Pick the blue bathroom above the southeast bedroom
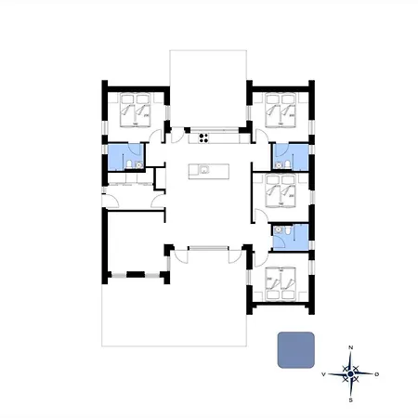(x=290, y=236)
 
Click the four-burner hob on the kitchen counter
(x=202, y=139)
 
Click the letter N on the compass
(x=350, y=347)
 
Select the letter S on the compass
(x=350, y=401)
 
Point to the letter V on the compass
(x=323, y=374)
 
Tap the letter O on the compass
(x=377, y=374)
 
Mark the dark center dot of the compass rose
(x=350, y=374)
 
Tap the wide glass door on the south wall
(x=208, y=248)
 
